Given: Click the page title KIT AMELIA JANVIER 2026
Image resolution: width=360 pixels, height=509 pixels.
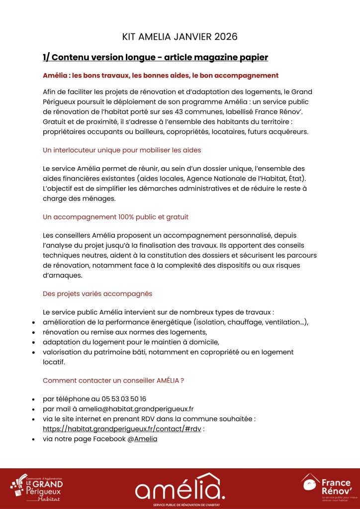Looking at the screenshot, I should (x=180, y=37).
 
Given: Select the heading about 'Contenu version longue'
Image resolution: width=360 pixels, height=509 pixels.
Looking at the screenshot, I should (x=155, y=57).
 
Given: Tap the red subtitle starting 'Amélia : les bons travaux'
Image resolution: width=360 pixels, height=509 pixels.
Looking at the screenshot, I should (x=161, y=76).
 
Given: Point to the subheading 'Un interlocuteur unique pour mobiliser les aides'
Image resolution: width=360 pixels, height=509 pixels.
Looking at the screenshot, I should (x=122, y=150).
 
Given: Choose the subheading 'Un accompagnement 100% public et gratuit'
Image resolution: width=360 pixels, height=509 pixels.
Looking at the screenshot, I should (x=115, y=217).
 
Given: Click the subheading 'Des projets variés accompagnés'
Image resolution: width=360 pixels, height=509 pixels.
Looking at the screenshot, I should (x=97, y=294).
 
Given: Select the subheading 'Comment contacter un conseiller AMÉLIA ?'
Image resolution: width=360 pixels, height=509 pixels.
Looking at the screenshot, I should (x=113, y=380).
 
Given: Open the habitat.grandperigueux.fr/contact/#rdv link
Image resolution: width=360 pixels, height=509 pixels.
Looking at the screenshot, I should (x=122, y=429).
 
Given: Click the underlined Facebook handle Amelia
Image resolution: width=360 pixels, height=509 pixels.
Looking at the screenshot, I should (x=146, y=439).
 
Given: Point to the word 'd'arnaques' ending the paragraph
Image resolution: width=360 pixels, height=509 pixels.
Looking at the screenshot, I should (x=62, y=275).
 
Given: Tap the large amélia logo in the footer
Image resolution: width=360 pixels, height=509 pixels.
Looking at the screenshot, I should (x=180, y=487).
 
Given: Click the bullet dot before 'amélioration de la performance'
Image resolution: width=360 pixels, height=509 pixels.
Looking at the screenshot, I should (x=33, y=322).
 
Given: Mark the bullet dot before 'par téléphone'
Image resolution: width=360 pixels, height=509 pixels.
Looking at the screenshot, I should (x=33, y=400).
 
